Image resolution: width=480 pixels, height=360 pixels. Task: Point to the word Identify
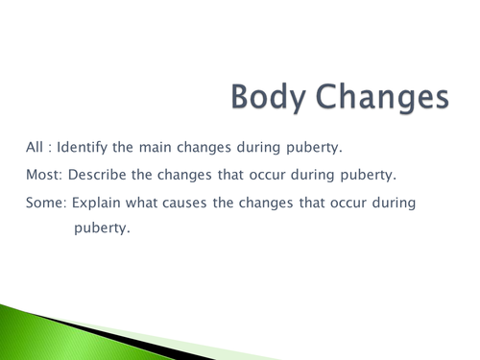(x=90, y=149)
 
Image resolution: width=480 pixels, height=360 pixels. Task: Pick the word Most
(x=42, y=178)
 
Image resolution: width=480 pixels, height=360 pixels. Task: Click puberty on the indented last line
(x=101, y=230)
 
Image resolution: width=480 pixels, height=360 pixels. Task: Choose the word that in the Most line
(x=228, y=178)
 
